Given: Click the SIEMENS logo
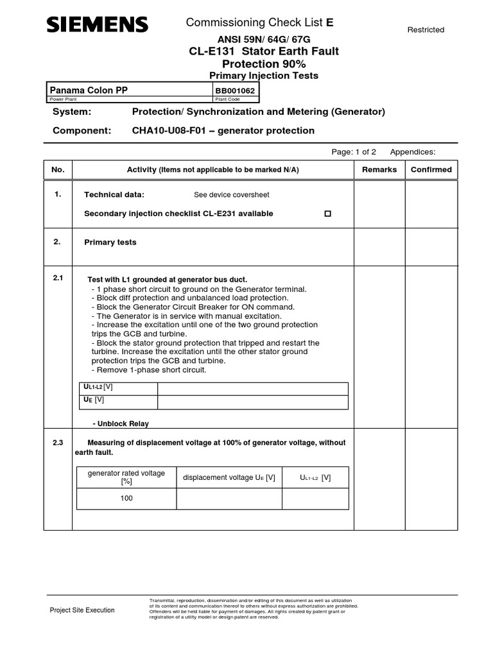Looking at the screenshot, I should tap(97, 25).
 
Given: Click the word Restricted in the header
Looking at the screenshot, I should tap(426, 30).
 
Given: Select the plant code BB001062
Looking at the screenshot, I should tap(235, 91).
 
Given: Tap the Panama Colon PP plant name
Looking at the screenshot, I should tap(89, 90).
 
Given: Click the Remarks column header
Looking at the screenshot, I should tap(379, 170).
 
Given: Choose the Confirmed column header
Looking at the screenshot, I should tap(431, 170).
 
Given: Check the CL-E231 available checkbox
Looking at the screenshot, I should tap(328, 214).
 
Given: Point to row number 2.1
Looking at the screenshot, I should tap(58, 278).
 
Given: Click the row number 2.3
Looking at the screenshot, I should tap(58, 443).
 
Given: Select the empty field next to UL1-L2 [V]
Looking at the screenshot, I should tap(252, 389).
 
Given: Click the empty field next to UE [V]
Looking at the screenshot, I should tap(252, 402).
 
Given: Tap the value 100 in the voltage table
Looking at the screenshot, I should tap(126, 499).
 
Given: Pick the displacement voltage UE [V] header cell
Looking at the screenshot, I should tap(229, 478).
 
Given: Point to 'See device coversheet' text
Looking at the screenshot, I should tap(232, 195).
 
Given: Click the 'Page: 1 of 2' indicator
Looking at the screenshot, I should tap(354, 152).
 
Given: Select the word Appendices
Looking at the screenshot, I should tap(413, 152).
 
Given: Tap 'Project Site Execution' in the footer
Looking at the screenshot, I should tap(82, 610).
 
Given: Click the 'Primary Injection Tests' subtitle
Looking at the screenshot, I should tap(264, 76).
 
